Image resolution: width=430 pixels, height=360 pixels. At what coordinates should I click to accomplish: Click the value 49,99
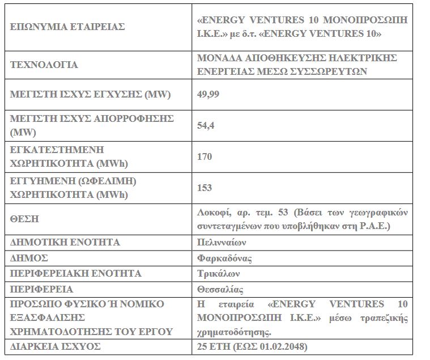[x=207, y=94]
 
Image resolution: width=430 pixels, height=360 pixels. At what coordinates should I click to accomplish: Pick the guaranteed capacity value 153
[x=204, y=187]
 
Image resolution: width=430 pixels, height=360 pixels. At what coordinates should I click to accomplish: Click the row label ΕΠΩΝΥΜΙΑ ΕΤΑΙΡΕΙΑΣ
[x=67, y=26]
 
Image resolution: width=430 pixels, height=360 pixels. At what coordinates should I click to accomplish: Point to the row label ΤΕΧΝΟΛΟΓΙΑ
[x=44, y=64]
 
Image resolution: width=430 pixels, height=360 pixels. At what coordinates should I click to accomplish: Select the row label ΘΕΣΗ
[x=24, y=218]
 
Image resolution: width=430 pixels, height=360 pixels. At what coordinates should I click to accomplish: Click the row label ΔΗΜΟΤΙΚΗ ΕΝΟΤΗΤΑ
[x=65, y=242]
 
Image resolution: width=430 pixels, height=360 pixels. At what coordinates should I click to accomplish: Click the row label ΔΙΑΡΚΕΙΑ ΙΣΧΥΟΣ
[x=56, y=345]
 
